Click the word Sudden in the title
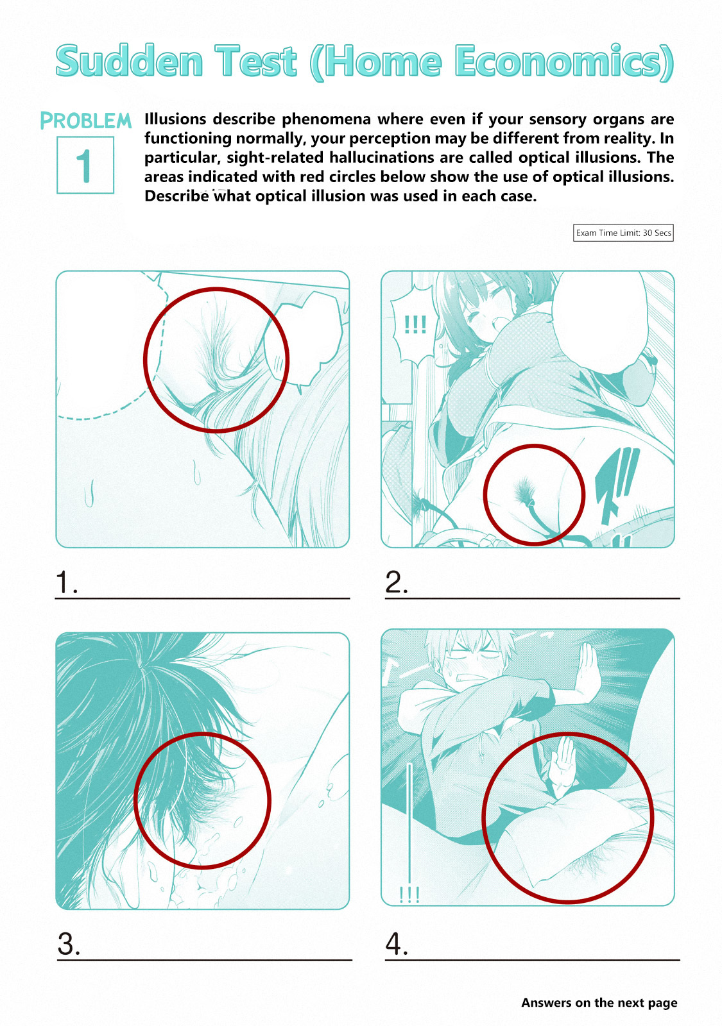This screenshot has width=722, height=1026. click(130, 61)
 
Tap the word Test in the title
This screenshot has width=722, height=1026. click(256, 61)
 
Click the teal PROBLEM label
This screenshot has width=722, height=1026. click(86, 121)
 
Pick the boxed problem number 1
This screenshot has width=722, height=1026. click(85, 165)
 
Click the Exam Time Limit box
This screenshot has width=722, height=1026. click(623, 233)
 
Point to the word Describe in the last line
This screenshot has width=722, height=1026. click(177, 196)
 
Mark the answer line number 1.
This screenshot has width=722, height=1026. click(202, 598)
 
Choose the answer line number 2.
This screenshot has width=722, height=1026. click(532, 598)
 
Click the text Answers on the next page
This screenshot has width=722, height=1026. click(599, 1003)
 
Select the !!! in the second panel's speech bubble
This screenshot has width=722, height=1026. click(415, 324)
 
